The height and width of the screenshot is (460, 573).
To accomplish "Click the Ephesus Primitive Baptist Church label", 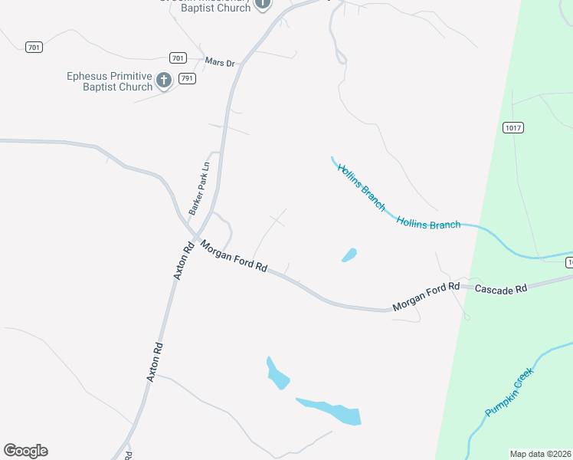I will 110,81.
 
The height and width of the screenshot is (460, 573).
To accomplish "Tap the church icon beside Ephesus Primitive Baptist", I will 163,80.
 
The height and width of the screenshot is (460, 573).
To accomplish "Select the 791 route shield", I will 186,78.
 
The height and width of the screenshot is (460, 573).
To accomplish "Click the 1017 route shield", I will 512,127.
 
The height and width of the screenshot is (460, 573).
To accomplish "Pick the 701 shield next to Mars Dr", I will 177,58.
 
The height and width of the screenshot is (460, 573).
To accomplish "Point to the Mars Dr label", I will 220,62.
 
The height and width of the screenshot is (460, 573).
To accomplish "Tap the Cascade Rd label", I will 501,289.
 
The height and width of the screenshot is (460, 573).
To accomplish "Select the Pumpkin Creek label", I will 508,393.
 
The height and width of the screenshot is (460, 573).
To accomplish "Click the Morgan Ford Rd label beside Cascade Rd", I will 426,296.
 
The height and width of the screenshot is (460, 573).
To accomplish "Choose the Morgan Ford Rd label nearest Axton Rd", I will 234,257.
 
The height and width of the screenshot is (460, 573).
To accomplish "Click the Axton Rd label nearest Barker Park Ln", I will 184,261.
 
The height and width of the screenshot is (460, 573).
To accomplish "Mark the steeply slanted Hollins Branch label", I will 361,187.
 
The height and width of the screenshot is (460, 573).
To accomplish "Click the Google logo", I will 25,451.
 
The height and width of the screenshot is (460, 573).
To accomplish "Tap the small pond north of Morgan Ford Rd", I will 349,255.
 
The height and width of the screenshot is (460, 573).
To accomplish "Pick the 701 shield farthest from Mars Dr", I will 33,48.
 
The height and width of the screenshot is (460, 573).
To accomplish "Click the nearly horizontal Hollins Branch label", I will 428,223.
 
